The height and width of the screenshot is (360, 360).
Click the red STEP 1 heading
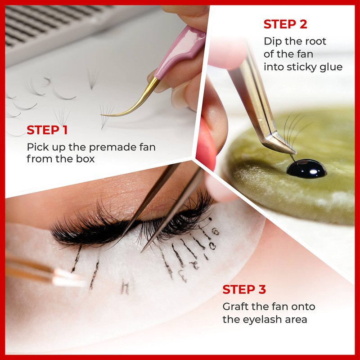pos(47,130)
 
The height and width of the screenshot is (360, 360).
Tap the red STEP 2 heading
pos(285,24)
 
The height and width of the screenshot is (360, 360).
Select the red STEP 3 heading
pos(244,289)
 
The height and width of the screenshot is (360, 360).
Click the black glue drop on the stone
pos(306,169)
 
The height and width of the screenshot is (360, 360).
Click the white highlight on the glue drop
pos(313,171)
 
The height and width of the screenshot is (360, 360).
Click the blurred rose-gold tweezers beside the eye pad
pos(44,271)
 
